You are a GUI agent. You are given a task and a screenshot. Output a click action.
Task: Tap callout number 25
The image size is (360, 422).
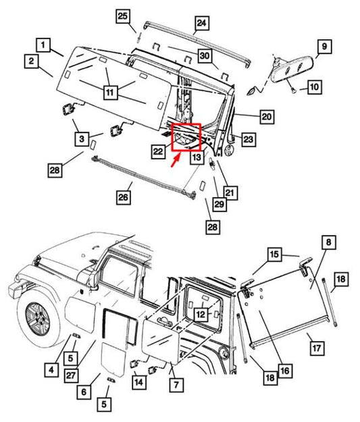click(x=123, y=16)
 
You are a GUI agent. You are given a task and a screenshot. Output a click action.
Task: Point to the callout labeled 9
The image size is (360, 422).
click(x=324, y=47)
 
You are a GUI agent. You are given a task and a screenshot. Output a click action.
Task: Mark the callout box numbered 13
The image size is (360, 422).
click(x=196, y=157)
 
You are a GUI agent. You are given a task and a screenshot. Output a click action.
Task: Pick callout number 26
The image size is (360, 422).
click(x=123, y=198)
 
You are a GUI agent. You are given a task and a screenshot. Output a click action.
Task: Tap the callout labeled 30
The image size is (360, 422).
click(x=204, y=55)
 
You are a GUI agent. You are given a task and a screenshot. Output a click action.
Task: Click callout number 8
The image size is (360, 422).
click(x=327, y=242)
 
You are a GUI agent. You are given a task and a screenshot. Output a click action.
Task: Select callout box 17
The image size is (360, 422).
click(x=315, y=348)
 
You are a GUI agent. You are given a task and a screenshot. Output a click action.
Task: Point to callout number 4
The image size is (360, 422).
click(x=51, y=369)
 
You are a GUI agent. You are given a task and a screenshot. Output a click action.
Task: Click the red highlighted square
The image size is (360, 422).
click(x=186, y=136)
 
